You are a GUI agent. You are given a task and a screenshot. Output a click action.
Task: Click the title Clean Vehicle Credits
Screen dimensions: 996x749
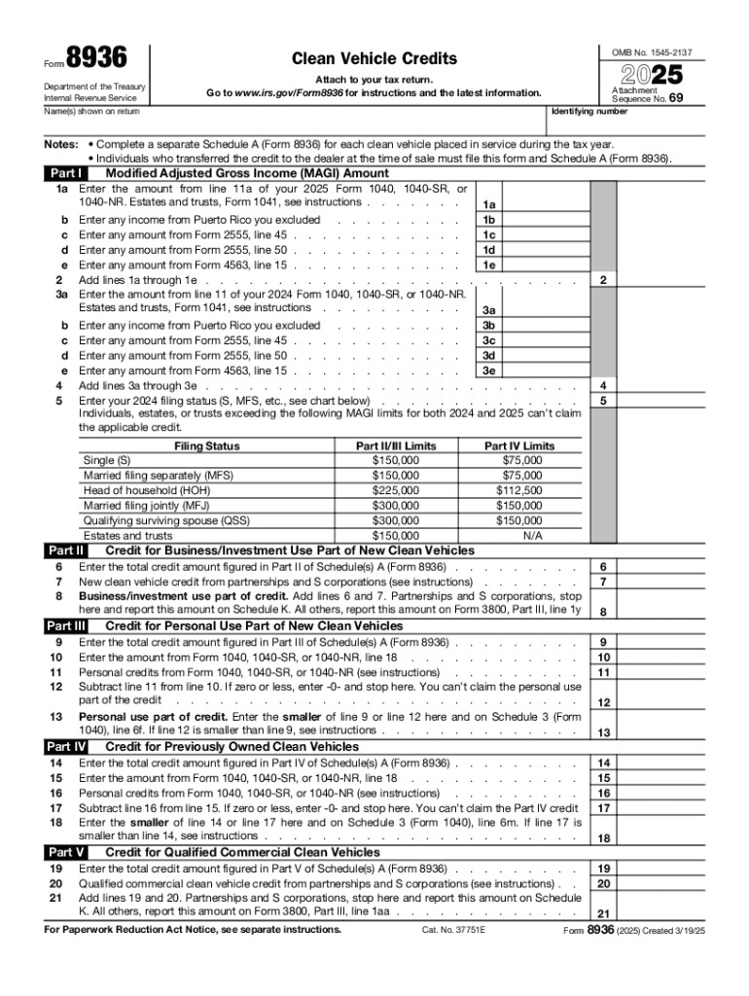374,59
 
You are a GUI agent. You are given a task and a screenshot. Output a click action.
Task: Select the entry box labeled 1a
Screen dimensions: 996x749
489,205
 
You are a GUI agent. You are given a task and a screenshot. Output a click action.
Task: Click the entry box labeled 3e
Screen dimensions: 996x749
489,371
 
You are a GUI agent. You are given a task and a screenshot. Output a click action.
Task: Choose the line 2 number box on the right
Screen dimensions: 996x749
603,280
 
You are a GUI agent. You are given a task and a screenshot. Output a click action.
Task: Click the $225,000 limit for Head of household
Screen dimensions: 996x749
396,490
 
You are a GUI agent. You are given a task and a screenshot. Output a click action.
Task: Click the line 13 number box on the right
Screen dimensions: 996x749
603,732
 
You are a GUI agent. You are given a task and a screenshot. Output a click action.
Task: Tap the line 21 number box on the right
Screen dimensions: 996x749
603,914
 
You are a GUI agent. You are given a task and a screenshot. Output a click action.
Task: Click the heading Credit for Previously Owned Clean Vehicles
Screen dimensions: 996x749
232,747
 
